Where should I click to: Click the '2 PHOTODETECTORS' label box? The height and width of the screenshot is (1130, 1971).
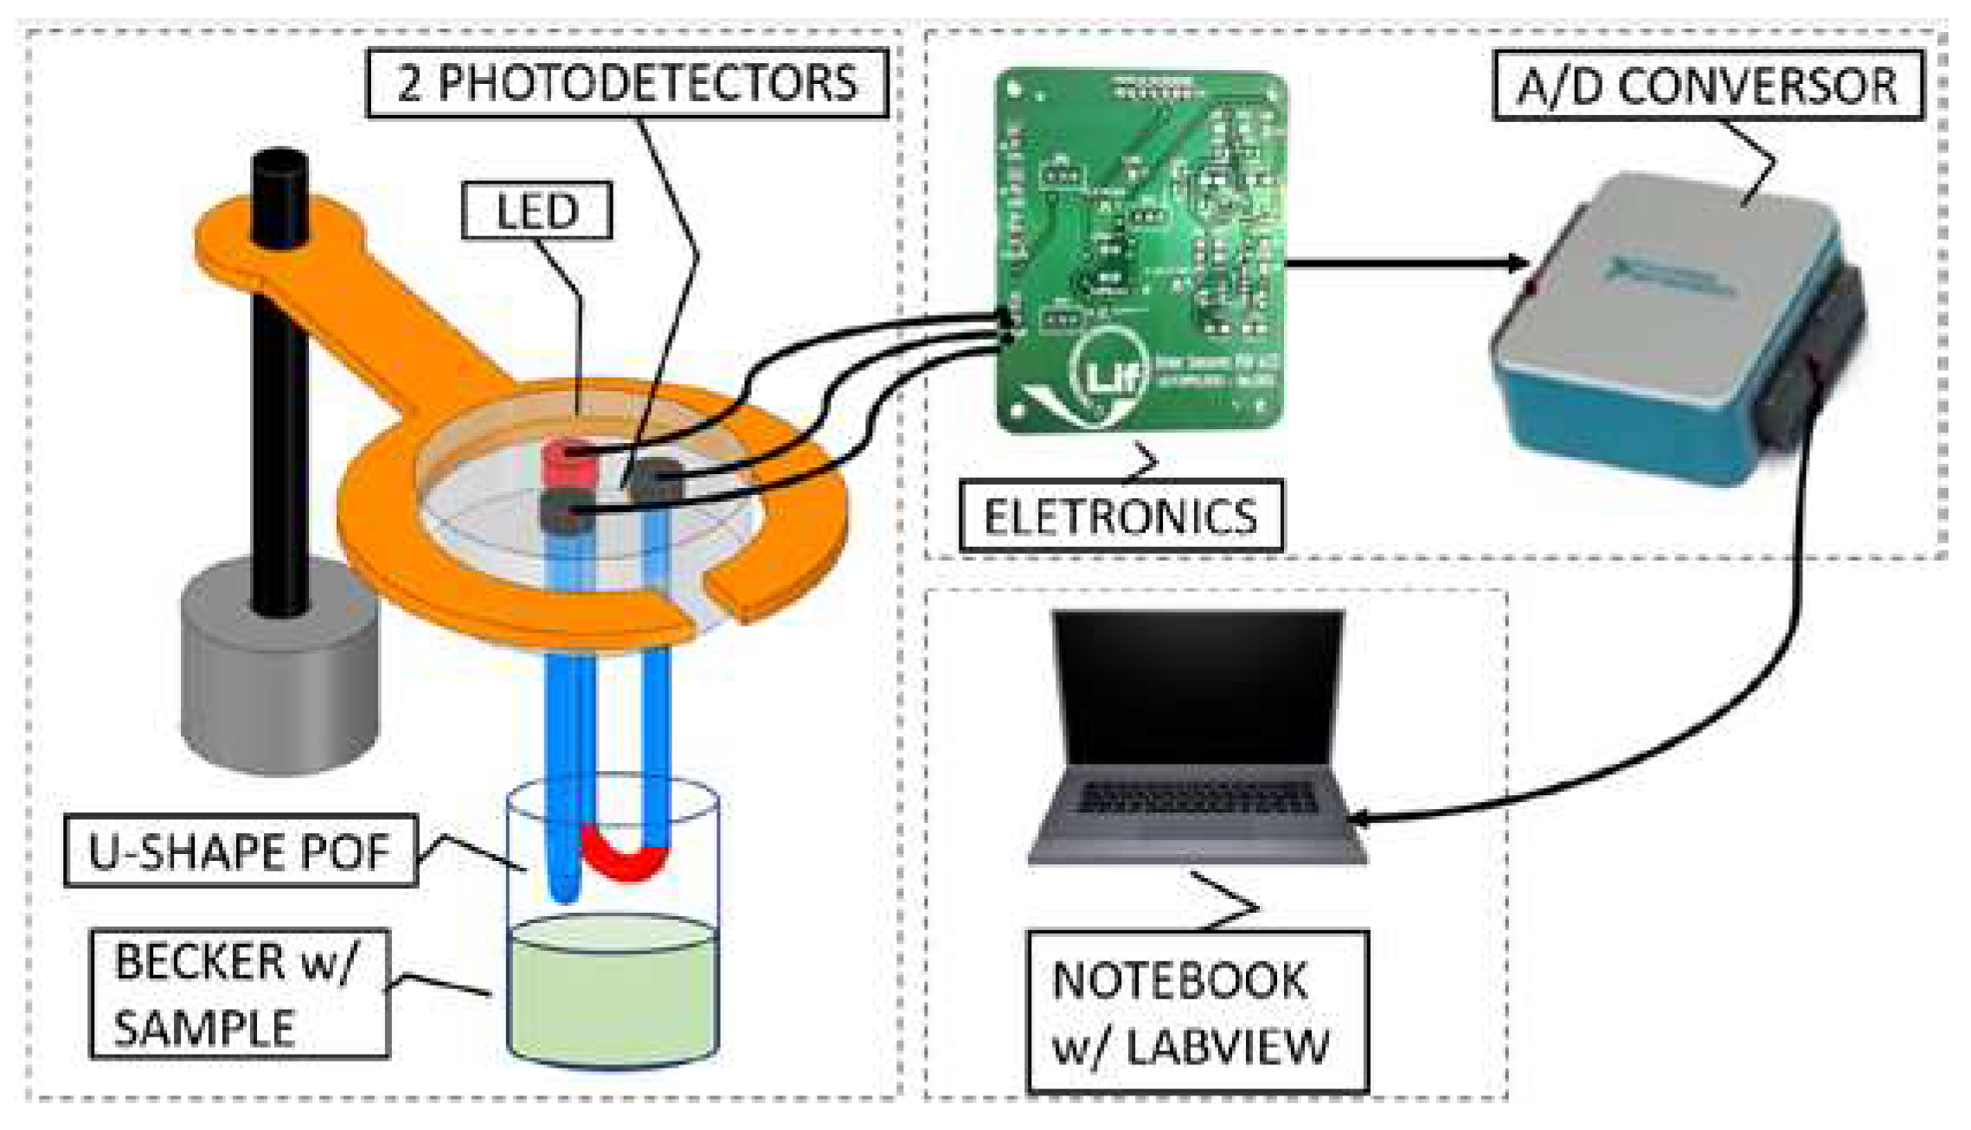pyautogui.click(x=627, y=83)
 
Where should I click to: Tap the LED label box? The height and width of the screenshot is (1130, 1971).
pyautogui.click(x=536, y=210)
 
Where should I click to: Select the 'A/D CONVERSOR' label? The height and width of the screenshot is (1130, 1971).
pyautogui.click(x=1707, y=86)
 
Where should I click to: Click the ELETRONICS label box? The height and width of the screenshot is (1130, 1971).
pyautogui.click(x=1120, y=517)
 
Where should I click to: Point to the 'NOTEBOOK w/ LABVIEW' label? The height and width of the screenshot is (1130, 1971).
pyautogui.click(x=1197, y=1011)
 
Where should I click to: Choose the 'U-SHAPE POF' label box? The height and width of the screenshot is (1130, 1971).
pyautogui.click(x=241, y=851)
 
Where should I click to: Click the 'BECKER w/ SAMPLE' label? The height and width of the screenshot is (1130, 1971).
pyautogui.click(x=238, y=994)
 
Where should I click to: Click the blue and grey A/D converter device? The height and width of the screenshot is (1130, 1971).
pyautogui.click(x=1661, y=329)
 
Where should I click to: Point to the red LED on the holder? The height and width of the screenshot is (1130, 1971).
pyautogui.click(x=569, y=465)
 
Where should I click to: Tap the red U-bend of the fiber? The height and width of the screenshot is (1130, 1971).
pyautogui.click(x=625, y=857)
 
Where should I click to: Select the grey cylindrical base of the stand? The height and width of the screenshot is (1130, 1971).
pyautogui.click(x=279, y=684)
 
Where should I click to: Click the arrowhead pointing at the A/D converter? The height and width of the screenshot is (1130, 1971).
pyautogui.click(x=1518, y=262)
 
